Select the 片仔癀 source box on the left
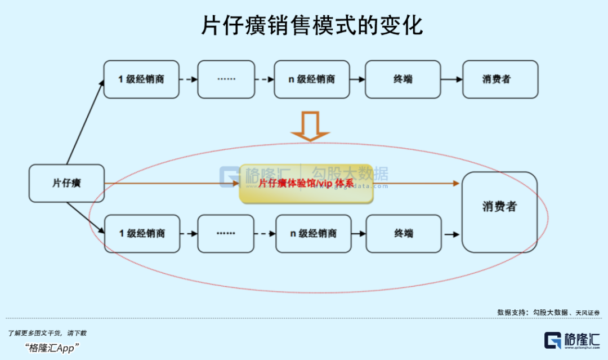coord(66,183)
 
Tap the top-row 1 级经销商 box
coord(141,79)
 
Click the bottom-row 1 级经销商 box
coord(142,233)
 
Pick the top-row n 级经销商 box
coord(312,79)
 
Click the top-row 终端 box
coord(403,79)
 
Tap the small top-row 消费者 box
coord(500,79)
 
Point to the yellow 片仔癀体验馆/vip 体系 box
coord(306,184)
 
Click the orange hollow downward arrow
coord(310,126)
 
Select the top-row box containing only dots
coord(226,79)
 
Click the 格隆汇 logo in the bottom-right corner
coord(572,340)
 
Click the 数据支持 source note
coord(548,312)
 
